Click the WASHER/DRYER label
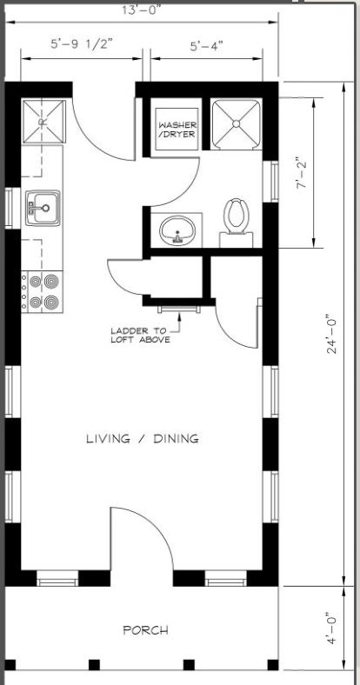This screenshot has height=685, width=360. tap(177, 130)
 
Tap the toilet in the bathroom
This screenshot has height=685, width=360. tap(235, 216)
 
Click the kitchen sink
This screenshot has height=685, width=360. tap(40, 208)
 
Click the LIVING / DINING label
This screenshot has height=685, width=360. tap(142, 438)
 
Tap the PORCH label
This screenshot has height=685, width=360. tap(144, 630)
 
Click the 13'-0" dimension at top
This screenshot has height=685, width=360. tap(143, 10)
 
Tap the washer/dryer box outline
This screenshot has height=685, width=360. tap(177, 129)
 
